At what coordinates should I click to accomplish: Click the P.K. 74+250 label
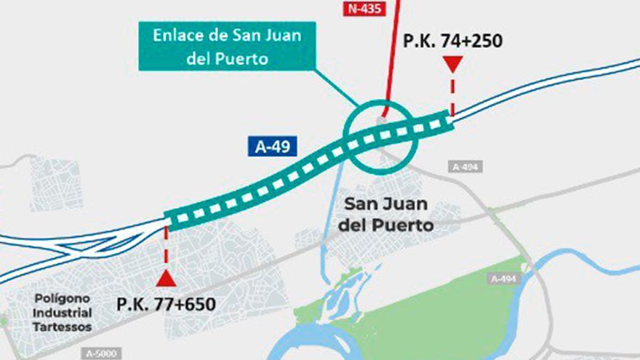[x=452, y=41]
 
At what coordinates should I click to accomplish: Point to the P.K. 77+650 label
[x=166, y=303]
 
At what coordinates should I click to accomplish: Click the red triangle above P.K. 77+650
[x=166, y=279]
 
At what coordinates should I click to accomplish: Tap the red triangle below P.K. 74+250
[x=452, y=65]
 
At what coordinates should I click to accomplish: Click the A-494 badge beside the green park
[x=504, y=279]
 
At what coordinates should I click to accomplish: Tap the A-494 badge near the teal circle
[x=466, y=167]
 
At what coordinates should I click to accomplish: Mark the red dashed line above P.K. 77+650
[x=167, y=247]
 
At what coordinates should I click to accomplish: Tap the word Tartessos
[x=63, y=327]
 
